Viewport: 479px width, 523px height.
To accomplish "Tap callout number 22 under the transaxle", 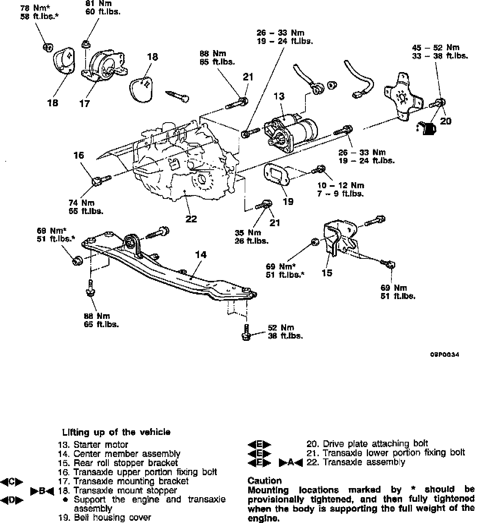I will click(191, 219).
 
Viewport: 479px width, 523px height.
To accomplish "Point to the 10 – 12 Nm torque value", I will click(341, 185).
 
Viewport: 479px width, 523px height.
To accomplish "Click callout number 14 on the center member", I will click(201, 255).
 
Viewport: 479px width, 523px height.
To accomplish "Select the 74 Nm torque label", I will click(81, 203).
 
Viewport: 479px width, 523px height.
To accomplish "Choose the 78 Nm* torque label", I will click(38, 8).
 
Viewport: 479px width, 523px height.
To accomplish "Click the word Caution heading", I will click(264, 480).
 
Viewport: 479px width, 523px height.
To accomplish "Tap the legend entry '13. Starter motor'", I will click(93, 444).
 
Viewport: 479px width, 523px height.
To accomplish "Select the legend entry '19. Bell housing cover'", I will click(104, 517).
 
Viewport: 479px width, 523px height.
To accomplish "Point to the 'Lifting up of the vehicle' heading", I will click(116, 432).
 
